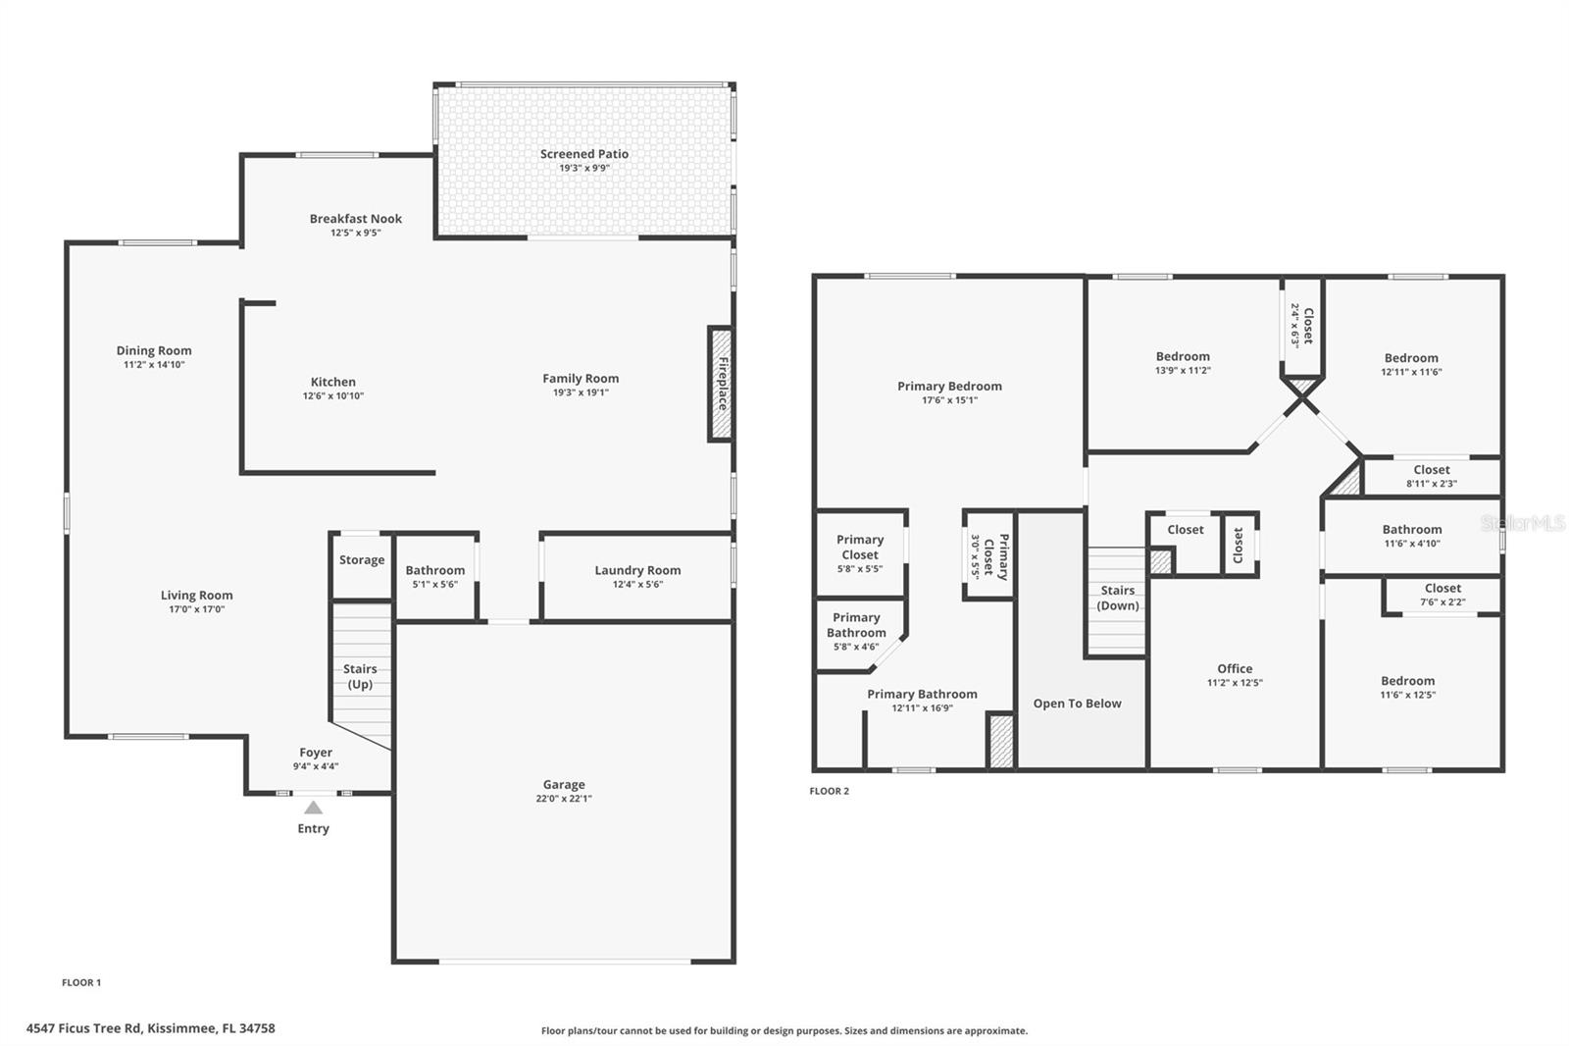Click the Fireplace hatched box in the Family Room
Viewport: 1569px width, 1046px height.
tap(721, 384)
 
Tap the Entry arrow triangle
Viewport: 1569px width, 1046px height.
tap(313, 808)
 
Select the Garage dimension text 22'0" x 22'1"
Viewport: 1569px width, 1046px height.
tap(564, 799)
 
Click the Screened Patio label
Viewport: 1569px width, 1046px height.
tap(584, 154)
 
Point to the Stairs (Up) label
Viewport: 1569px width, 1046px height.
tap(360, 676)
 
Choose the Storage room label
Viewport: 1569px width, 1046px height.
tap(362, 560)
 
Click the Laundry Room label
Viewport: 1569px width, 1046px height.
tap(637, 570)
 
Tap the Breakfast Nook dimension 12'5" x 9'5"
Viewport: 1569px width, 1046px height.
tap(356, 233)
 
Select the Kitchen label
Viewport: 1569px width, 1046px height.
tap(333, 382)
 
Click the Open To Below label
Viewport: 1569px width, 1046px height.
tap(1077, 704)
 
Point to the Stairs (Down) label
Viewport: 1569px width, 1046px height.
tap(1117, 598)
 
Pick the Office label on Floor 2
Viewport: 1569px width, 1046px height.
tap(1235, 668)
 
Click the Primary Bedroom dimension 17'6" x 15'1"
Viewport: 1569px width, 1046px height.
tap(949, 400)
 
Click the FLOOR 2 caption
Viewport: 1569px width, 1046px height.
tap(830, 791)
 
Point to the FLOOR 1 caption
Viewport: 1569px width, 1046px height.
tap(81, 982)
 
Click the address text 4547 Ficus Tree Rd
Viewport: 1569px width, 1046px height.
tap(151, 1028)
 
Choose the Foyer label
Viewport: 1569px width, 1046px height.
tap(316, 753)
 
